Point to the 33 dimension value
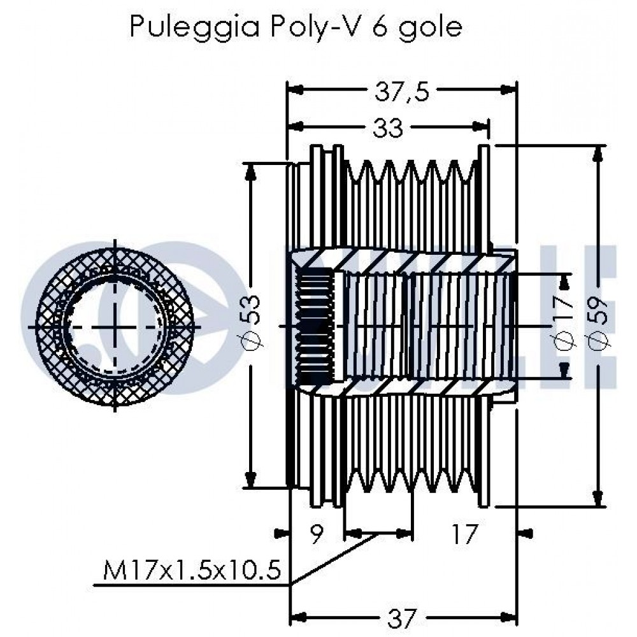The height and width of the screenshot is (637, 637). [389, 128]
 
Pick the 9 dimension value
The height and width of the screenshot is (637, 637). [316, 533]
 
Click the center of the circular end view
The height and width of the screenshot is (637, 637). [115, 326]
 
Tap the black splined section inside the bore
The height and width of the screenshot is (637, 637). [315, 326]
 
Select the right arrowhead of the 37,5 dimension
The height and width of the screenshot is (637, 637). [510, 90]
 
